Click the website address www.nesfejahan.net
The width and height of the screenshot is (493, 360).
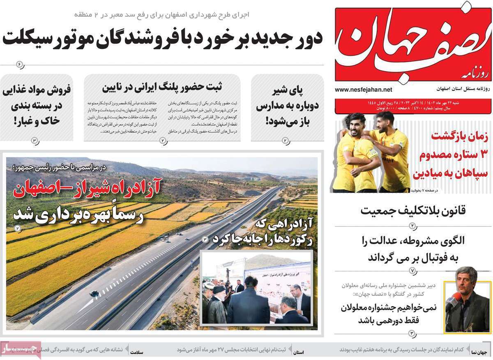coord(363,90)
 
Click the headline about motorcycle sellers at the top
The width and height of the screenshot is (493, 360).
coord(162,38)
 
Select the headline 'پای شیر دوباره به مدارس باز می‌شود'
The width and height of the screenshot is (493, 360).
coord(287,106)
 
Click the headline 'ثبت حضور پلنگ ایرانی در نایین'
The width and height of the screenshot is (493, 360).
coord(162,87)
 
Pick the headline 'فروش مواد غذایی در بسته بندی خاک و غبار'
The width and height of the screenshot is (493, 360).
coord(37,105)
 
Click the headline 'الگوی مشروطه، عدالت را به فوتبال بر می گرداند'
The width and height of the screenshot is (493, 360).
coord(413,249)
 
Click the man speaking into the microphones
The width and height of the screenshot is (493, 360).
coord(468,301)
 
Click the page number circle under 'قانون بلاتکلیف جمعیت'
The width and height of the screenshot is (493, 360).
coord(413,225)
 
